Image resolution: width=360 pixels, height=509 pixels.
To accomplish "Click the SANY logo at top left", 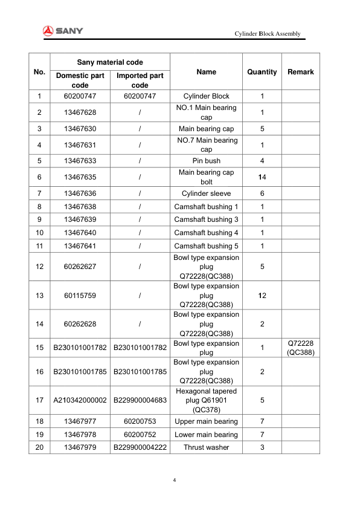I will (63, 31).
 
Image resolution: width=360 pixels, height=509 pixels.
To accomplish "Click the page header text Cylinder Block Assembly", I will (267, 34).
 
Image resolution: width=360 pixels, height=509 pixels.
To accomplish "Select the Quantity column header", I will (262, 72).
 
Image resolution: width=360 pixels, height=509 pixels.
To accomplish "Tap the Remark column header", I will (300, 72).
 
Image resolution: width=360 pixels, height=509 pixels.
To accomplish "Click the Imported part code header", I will (140, 80).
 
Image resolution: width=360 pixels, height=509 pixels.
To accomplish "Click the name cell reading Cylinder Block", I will (206, 96).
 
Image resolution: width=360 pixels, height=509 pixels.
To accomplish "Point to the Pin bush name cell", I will (206, 161).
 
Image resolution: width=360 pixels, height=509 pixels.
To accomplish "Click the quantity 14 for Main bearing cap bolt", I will (262, 177).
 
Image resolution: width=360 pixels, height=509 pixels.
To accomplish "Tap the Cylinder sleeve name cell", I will (206, 193).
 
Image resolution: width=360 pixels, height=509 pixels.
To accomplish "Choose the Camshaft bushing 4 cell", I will (206, 233).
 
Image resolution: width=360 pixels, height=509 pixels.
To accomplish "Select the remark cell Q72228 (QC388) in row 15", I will (300, 348).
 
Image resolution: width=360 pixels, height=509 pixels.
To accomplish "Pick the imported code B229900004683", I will (140, 400).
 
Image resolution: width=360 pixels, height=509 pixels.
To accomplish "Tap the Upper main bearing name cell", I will (206, 421).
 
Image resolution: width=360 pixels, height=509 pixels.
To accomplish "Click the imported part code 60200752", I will (140, 435).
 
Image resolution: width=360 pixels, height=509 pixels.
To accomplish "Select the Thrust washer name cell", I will (206, 447).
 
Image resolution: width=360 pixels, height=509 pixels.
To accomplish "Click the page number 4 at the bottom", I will (175, 481).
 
